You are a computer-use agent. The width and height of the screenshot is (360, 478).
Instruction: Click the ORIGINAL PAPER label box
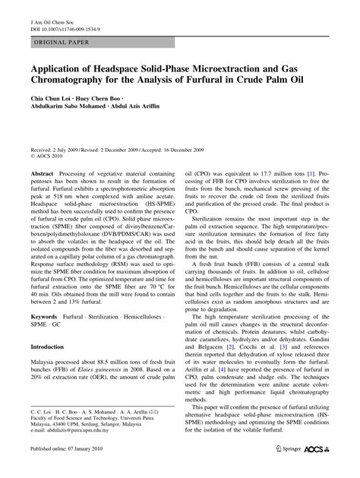58,44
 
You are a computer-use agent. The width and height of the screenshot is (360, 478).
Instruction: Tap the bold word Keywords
45,315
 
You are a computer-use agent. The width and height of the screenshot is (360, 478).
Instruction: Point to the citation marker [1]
311,175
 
